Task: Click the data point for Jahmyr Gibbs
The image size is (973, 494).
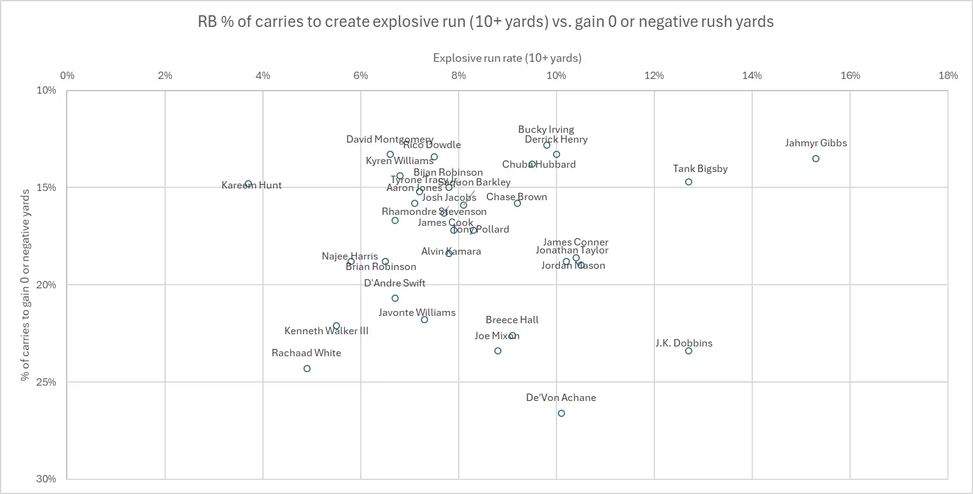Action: pyautogui.click(x=816, y=159)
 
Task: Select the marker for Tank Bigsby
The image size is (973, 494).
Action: pyautogui.click(x=689, y=182)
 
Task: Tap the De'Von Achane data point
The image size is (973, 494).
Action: pyautogui.click(x=561, y=413)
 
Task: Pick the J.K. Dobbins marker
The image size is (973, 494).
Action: pyautogui.click(x=689, y=351)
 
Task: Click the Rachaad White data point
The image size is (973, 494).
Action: pyautogui.click(x=307, y=369)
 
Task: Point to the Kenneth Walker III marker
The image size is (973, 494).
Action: pyautogui.click(x=336, y=326)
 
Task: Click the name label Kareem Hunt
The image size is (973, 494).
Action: pyautogui.click(x=251, y=185)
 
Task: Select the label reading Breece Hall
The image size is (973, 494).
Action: pyautogui.click(x=512, y=320)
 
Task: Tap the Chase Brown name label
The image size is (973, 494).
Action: pyautogui.click(x=517, y=197)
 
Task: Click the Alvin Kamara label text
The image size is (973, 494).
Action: pyautogui.click(x=451, y=252)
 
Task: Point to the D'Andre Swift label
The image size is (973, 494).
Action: pyautogui.click(x=394, y=283)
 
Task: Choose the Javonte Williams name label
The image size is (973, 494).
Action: pyautogui.click(x=417, y=312)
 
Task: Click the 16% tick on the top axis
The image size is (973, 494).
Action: pyautogui.click(x=850, y=75)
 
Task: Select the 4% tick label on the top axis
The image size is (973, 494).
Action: pyautogui.click(x=262, y=75)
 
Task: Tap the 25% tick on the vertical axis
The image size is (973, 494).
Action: pyautogui.click(x=46, y=382)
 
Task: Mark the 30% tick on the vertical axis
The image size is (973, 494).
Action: pyautogui.click(x=46, y=479)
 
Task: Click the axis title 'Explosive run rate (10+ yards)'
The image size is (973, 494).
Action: pyautogui.click(x=507, y=58)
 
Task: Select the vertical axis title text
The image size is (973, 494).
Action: pyautogui.click(x=25, y=285)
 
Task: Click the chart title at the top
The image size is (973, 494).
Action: pyautogui.click(x=486, y=22)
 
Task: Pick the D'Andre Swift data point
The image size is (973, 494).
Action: pyautogui.click(x=395, y=298)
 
